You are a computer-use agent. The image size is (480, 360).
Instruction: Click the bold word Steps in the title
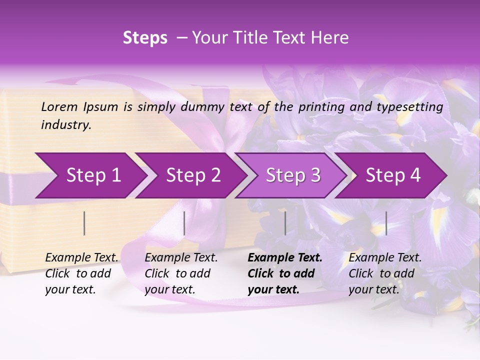click(x=145, y=37)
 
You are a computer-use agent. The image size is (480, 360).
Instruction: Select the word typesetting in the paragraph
click(x=413, y=106)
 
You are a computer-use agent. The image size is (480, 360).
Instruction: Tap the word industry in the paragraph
click(x=66, y=125)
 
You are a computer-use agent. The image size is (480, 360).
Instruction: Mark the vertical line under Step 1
click(x=84, y=223)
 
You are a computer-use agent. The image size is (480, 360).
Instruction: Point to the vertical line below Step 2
click(x=184, y=223)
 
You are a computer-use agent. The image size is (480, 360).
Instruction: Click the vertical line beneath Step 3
click(x=285, y=223)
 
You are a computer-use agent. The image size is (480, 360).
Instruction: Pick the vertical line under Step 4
click(x=386, y=223)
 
